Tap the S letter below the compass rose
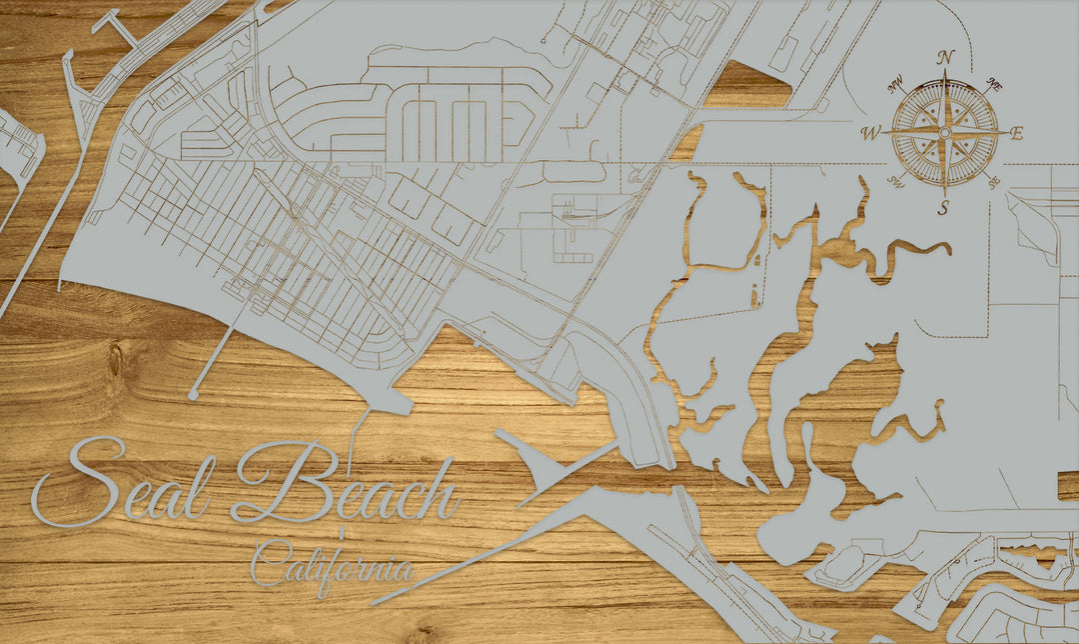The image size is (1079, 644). click(943, 208)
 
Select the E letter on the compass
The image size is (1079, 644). click(1017, 133)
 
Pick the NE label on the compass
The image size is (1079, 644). click(995, 84)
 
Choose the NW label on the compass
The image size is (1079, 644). click(895, 81)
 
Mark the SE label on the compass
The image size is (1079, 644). click(993, 182)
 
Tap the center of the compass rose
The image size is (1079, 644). click(944, 132)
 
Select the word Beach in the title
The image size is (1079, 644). click(345, 488)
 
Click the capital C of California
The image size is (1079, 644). click(268, 564)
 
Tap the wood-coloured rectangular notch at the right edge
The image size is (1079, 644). click(1067, 486)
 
